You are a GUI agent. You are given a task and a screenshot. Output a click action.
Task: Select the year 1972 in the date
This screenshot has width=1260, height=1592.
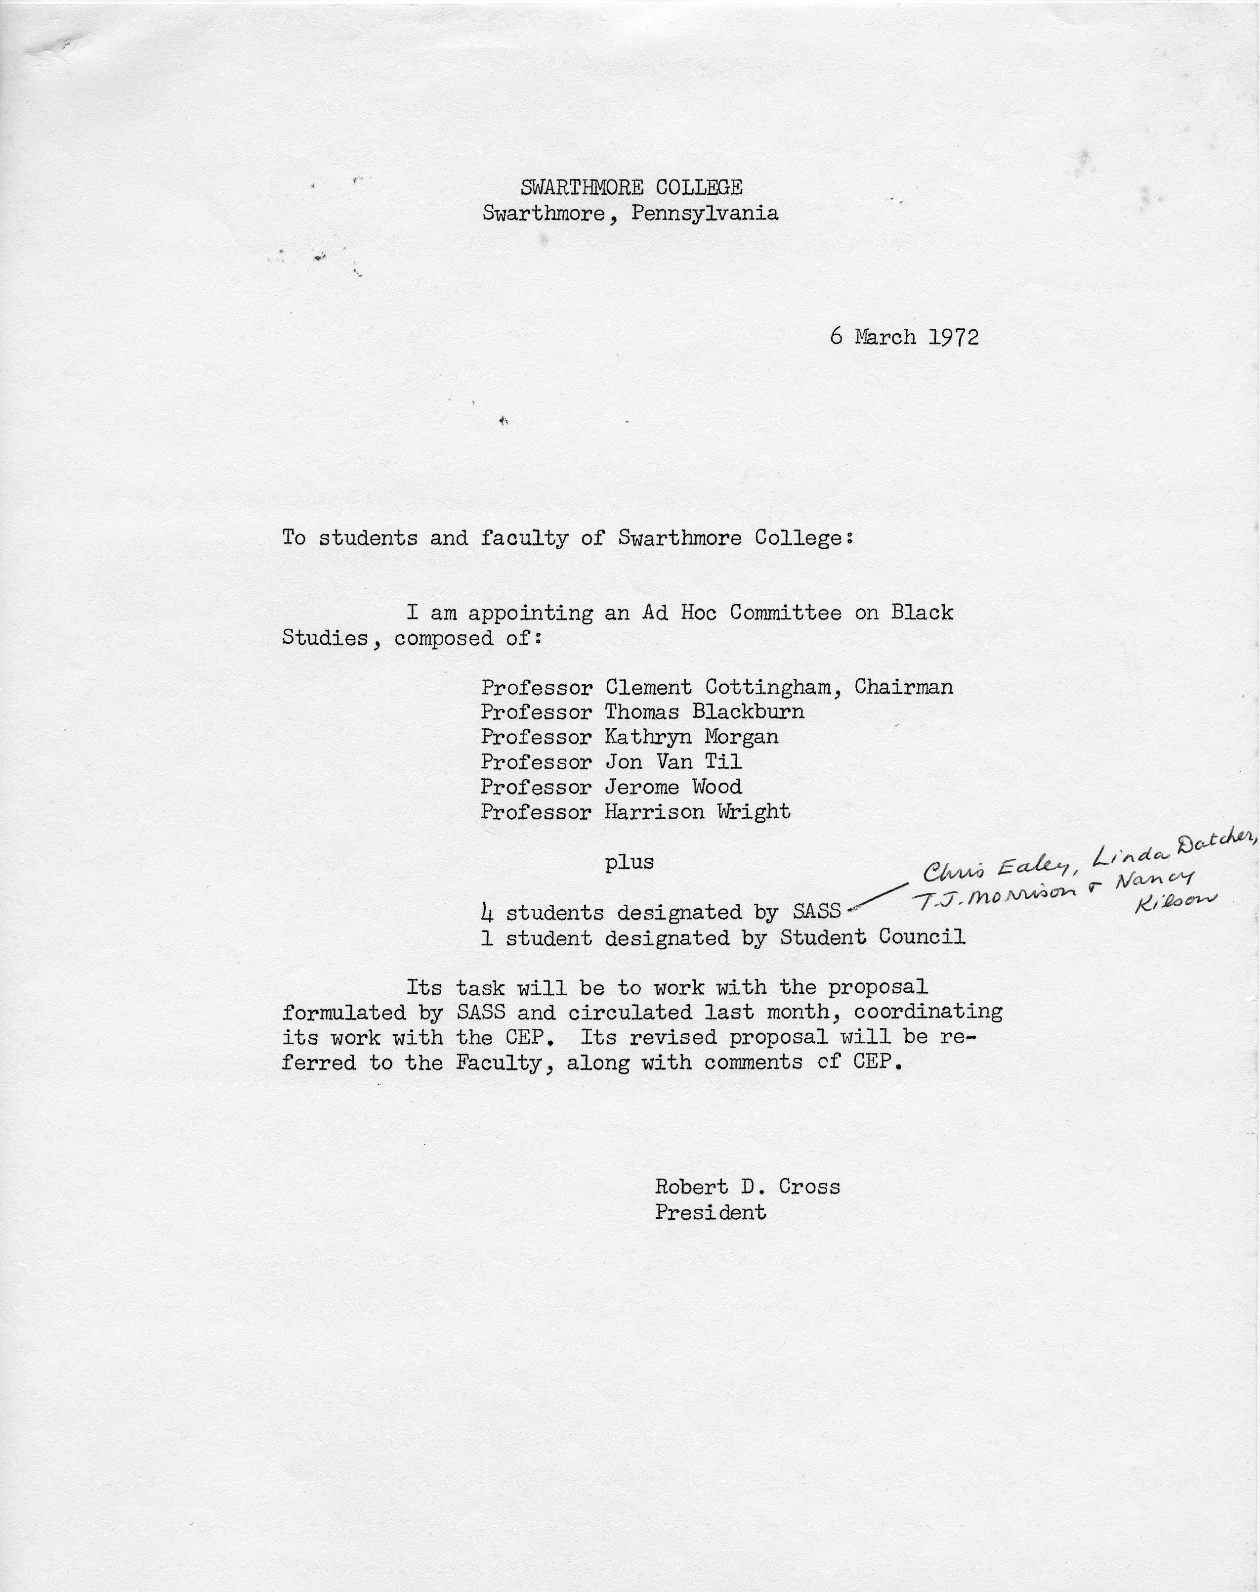pos(953,337)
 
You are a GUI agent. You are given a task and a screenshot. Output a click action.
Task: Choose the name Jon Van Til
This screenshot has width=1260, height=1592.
pos(673,762)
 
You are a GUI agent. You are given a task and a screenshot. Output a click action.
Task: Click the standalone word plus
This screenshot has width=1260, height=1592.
pos(630,862)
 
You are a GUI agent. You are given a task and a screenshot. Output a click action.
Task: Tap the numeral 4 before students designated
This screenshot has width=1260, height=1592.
pos(487,913)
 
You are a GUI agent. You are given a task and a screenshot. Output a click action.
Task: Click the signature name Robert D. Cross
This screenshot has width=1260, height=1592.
pos(747,1187)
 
